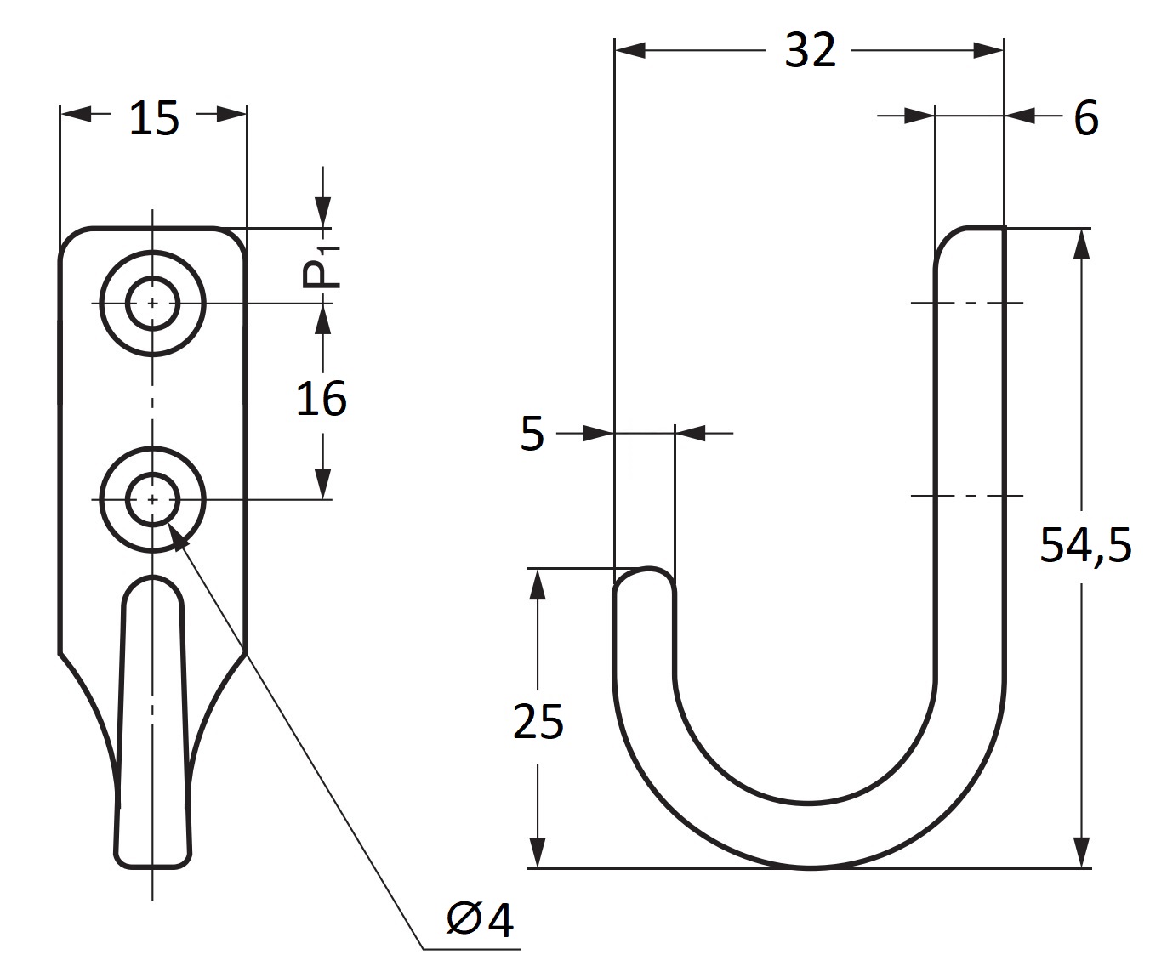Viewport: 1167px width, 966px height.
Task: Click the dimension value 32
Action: coord(810,50)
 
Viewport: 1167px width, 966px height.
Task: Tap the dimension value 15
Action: coord(154,118)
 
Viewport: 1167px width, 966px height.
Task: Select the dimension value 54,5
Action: coord(1085,545)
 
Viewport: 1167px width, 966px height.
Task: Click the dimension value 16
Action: coord(321,398)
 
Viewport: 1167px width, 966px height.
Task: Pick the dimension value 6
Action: coord(1085,118)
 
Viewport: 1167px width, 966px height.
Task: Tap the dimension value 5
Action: coord(532,434)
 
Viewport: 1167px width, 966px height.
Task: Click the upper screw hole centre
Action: coord(152,304)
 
